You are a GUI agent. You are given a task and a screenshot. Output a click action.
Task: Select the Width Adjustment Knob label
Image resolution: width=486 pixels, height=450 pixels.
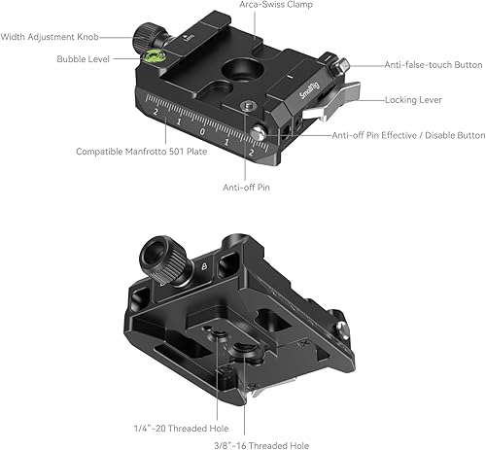click(x=52, y=38)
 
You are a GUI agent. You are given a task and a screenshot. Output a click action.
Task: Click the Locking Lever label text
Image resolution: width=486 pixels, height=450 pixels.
click(x=416, y=100)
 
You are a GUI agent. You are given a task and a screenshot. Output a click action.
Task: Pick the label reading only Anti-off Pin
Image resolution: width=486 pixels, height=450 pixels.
click(x=247, y=187)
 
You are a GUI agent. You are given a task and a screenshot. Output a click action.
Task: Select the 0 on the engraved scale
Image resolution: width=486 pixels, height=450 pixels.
click(x=201, y=129)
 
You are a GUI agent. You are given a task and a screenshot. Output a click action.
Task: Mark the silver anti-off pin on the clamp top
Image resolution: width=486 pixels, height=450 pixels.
click(x=260, y=134)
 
